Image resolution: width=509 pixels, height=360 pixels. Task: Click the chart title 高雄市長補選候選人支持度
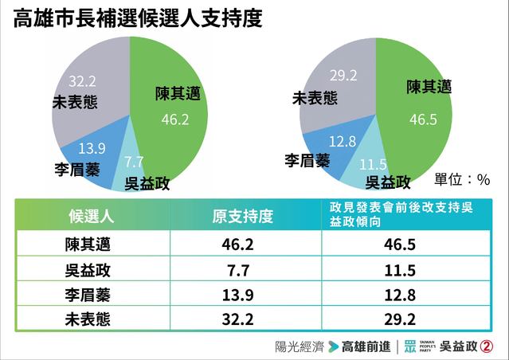pyautogui.click(x=137, y=18)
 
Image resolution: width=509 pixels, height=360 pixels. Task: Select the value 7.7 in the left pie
pyautogui.click(x=134, y=160)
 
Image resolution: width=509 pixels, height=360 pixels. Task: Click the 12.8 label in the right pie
pyautogui.click(x=320, y=143)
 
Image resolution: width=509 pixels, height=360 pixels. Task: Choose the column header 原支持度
pyautogui.click(x=242, y=216)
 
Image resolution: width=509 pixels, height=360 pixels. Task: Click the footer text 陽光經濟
pyautogui.click(x=299, y=346)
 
